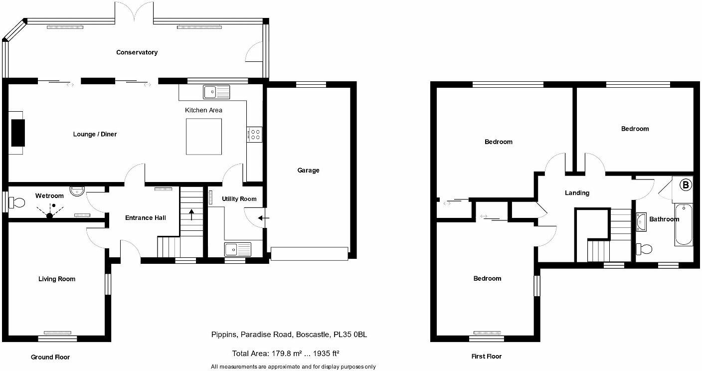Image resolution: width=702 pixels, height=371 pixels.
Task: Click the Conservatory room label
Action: pyautogui.click(x=137, y=52)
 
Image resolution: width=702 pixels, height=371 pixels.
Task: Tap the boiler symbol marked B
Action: pyautogui.click(x=686, y=185)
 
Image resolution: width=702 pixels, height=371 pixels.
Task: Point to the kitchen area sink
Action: pyautogui.click(x=216, y=91)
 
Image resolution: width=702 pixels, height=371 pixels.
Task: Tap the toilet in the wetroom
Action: pyautogui.click(x=17, y=203)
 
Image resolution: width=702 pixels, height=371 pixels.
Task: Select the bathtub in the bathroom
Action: pyautogui.click(x=683, y=224)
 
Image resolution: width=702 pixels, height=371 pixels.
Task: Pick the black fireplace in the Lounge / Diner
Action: pyautogui.click(x=18, y=132)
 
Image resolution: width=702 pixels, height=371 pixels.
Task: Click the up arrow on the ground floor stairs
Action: pyautogui.click(x=192, y=216)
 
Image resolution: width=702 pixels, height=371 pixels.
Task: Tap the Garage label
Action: pyautogui.click(x=308, y=171)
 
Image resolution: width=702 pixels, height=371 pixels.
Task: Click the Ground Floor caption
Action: pyautogui.click(x=50, y=357)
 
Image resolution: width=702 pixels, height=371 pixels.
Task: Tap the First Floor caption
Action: pyautogui.click(x=486, y=357)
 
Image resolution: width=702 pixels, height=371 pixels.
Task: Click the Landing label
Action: pyautogui.click(x=577, y=193)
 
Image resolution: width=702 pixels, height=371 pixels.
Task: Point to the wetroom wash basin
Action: pyautogui.click(x=77, y=191)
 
